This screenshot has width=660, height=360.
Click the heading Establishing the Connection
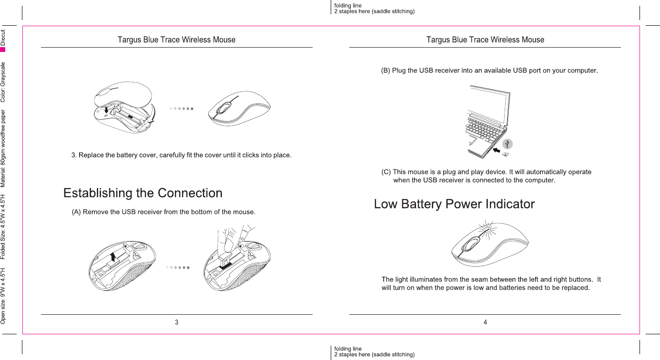(x=143, y=193)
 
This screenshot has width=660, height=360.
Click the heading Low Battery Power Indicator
(x=454, y=204)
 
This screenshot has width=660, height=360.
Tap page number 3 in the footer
(x=177, y=322)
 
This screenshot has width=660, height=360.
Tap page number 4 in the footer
(x=485, y=322)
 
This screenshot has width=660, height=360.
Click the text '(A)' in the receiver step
(x=76, y=212)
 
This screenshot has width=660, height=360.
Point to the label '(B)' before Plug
(x=386, y=71)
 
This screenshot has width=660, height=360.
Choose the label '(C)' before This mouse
(x=386, y=172)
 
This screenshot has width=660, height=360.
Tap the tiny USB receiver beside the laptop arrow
(x=506, y=154)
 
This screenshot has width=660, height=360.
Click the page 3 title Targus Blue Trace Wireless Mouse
(x=176, y=40)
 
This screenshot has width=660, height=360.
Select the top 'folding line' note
(x=348, y=6)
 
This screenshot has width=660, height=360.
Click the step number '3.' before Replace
(x=74, y=155)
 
